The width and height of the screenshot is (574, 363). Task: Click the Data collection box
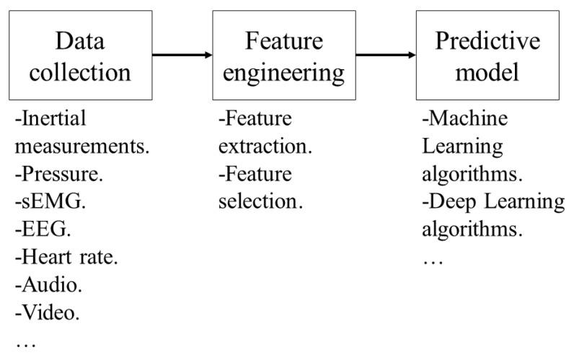[x=80, y=56]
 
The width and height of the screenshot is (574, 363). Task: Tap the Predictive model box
[x=487, y=56]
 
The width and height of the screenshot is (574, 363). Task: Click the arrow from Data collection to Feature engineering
[x=182, y=55]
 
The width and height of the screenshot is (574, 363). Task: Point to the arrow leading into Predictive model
[x=385, y=55]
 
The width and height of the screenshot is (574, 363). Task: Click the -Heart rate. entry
[x=63, y=256]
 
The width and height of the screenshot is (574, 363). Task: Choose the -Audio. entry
[x=48, y=284]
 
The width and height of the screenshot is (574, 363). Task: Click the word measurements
[x=82, y=146]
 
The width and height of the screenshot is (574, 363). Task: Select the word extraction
[x=265, y=146]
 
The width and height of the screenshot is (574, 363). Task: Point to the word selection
[x=260, y=201]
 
